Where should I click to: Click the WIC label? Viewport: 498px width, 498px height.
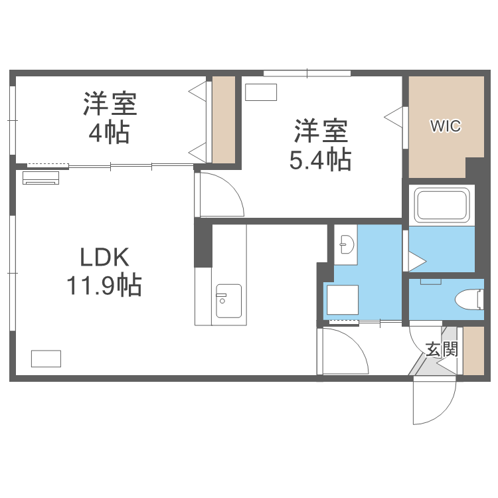445,125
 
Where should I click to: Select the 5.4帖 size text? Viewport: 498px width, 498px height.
321,159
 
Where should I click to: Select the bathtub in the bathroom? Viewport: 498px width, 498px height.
442,205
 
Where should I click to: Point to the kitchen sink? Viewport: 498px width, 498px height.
228,301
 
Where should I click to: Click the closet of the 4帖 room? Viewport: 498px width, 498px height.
224,120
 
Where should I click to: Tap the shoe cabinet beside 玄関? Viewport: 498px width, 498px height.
473,351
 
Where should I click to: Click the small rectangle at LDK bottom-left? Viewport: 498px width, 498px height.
46,358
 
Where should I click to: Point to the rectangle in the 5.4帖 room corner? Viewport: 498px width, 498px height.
260,92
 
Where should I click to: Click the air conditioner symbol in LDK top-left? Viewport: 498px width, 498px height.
41,177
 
